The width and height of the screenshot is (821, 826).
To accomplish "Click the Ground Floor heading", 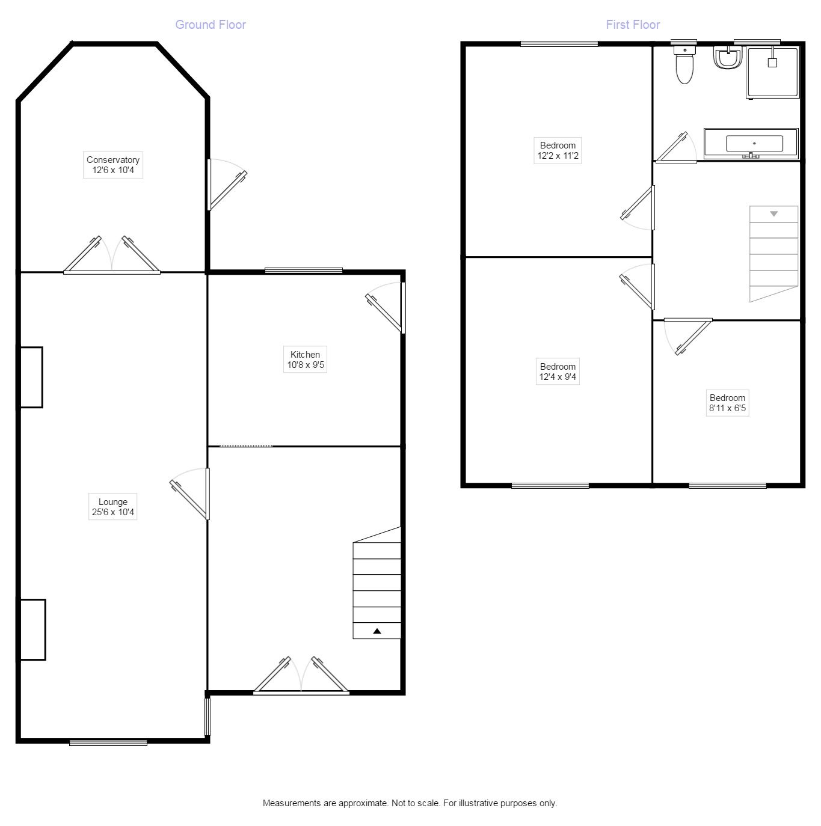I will [211, 25].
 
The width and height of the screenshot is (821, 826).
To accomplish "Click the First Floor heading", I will [633, 25].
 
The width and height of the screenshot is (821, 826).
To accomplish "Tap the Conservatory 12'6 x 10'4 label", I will [113, 165].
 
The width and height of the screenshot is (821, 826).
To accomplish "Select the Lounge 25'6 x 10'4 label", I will [113, 507].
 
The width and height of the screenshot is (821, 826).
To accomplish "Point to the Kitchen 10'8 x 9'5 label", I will [306, 359].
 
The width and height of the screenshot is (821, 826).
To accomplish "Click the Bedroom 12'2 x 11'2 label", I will [558, 150].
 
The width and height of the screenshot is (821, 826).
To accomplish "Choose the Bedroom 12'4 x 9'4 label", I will [558, 372].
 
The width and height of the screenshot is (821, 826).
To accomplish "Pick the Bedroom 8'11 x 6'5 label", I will [727, 403].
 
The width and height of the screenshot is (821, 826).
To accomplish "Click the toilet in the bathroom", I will [684, 65].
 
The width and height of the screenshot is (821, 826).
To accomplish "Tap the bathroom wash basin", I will [727, 58].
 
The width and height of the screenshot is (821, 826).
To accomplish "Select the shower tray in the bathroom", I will [773, 73].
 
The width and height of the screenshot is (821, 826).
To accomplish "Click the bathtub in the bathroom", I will [751, 144].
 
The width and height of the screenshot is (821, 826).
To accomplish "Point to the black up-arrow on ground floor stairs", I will [377, 631].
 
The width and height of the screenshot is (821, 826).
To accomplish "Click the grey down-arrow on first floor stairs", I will [774, 214].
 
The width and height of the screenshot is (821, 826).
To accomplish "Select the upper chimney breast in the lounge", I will [31, 378].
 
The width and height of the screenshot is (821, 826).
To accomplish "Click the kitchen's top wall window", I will [304, 271].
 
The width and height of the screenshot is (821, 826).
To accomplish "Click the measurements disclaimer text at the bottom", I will [410, 803].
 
